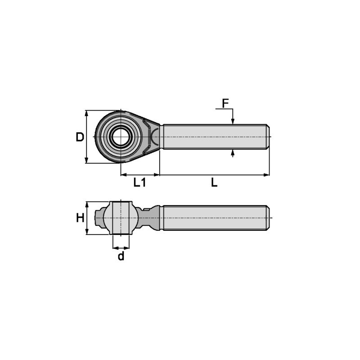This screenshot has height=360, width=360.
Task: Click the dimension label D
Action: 80,137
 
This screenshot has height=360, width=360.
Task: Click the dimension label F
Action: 225,103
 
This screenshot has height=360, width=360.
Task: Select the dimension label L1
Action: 140,183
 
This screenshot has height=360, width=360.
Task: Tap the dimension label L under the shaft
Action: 214,183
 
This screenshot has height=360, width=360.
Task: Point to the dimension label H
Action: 80,218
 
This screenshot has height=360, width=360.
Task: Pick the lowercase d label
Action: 121,256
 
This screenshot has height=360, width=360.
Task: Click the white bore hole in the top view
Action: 121,137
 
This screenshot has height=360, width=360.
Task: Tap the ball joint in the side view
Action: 121,218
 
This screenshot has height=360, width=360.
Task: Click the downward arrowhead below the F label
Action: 233,121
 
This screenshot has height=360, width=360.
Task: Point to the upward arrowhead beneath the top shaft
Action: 233,153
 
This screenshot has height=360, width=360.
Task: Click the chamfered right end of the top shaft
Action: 268,137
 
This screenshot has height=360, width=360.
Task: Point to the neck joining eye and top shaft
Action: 156,136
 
